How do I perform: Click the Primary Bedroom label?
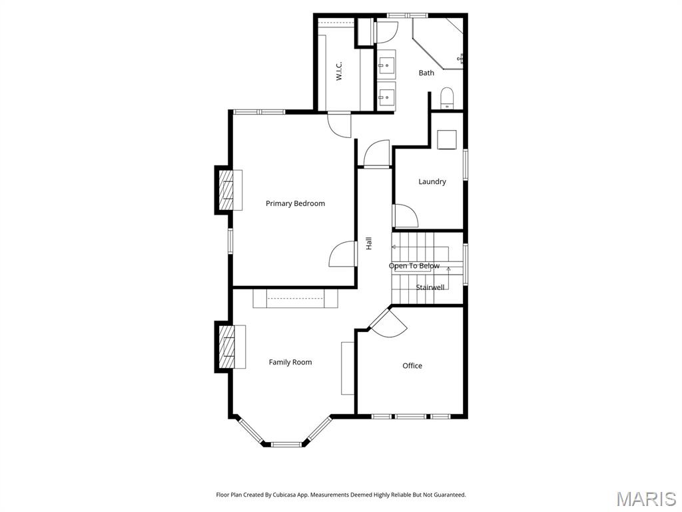pos(295,203)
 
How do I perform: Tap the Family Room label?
pos(290,362)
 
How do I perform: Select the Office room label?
pos(412,365)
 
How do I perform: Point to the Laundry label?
pos(432,181)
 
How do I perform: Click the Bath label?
pos(426,73)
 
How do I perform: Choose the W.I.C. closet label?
pos(338,71)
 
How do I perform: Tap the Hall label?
pos(369,244)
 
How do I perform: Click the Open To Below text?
pos(414,266)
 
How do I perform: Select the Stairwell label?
pos(430,287)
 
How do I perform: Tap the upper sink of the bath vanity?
pos(386,65)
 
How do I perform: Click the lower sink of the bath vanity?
pos(386,97)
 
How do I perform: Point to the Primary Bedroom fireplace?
pos(227,190)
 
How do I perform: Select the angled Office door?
pos(388,323)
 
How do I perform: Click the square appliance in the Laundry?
pos(446,139)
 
